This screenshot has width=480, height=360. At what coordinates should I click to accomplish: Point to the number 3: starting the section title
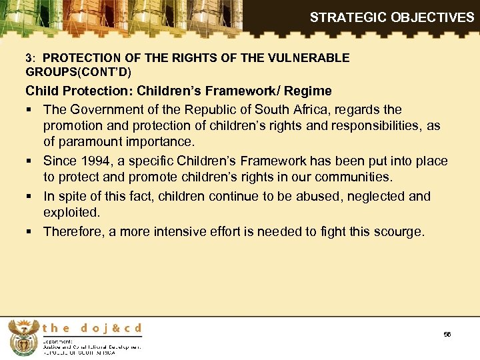click(x=31, y=58)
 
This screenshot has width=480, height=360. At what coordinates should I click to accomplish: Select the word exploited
click(x=71, y=213)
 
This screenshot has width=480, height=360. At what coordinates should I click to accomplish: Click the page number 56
click(x=447, y=334)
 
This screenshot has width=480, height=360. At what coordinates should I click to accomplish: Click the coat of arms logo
click(x=21, y=337)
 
